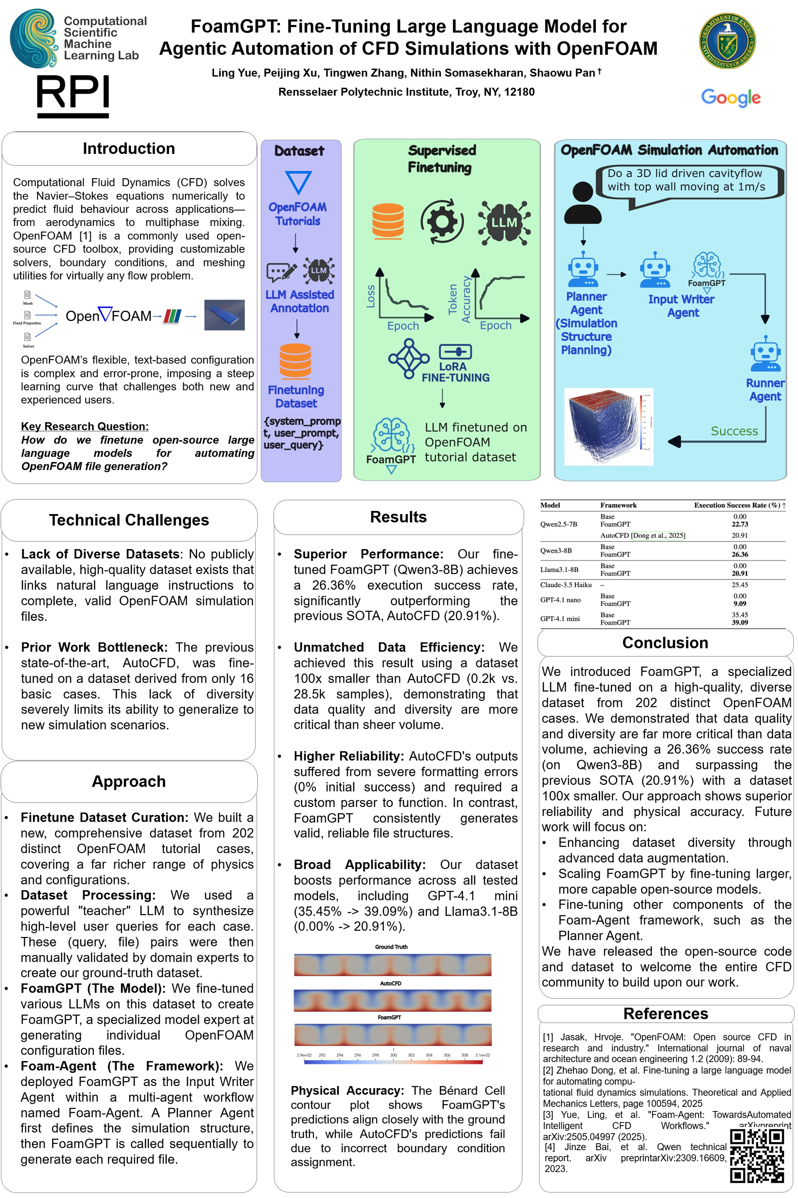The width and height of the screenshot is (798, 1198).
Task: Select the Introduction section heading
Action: (x=129, y=149)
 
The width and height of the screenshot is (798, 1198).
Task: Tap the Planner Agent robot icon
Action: (x=583, y=270)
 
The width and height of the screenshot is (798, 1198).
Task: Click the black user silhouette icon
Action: (x=583, y=203)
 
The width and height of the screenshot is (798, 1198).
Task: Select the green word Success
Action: (x=734, y=431)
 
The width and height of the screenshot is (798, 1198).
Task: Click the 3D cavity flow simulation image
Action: (x=608, y=426)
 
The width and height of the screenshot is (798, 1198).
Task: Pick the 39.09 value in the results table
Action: (x=739, y=622)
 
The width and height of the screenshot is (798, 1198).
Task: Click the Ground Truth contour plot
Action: (x=392, y=965)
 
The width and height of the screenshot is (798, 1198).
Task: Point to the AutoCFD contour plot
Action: (x=392, y=1000)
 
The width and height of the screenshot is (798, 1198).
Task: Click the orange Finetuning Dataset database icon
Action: (x=295, y=361)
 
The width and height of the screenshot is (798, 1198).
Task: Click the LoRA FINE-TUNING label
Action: (x=455, y=372)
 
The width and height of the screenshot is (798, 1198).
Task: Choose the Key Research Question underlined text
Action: (x=84, y=426)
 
